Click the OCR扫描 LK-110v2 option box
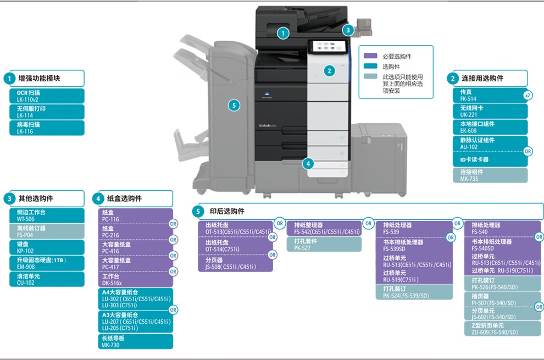point(47,96)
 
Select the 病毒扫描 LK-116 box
point(47,128)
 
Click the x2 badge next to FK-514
point(528,96)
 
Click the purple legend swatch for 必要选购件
point(370,56)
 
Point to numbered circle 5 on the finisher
point(234,105)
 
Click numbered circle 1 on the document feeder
point(283,33)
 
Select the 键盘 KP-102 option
point(47,247)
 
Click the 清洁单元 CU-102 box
point(47,279)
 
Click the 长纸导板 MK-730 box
point(135,341)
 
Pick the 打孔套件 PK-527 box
point(324,245)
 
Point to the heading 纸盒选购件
point(124,198)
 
